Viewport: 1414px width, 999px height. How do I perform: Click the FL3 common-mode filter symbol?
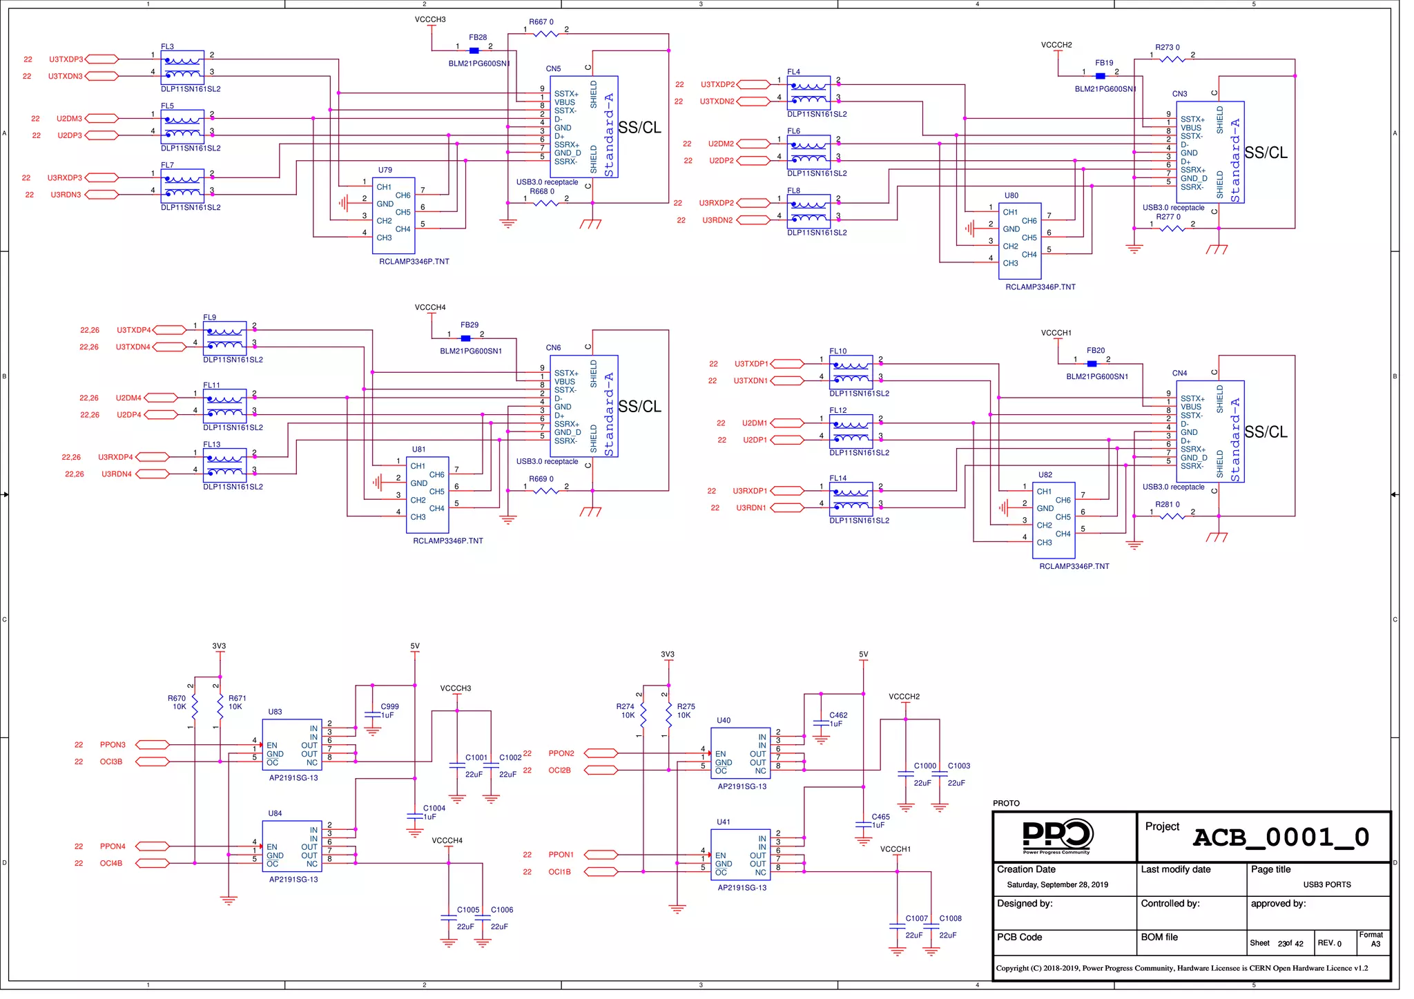click(182, 67)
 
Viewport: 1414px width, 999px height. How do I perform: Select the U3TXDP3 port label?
click(66, 59)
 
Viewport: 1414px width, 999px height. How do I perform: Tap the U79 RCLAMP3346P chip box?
click(394, 215)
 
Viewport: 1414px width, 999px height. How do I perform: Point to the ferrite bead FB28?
click(474, 50)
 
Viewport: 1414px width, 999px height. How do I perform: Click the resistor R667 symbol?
click(546, 33)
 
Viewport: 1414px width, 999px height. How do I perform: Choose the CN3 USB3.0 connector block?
click(1210, 153)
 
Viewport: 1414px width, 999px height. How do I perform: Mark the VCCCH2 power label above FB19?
click(1056, 46)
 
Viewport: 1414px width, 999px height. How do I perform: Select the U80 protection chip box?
click(1020, 241)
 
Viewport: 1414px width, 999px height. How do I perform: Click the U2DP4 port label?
click(128, 415)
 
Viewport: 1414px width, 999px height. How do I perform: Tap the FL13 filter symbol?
click(224, 465)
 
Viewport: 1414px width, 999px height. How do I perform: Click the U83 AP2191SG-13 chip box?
click(292, 745)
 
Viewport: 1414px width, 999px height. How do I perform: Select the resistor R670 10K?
click(195, 706)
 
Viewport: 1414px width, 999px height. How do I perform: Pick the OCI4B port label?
click(110, 863)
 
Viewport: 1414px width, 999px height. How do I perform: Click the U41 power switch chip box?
click(741, 855)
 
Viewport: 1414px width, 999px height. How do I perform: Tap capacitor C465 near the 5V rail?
click(863, 824)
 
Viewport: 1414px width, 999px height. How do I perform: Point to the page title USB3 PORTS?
click(1326, 884)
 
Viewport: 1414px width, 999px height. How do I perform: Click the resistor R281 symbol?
click(1172, 516)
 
